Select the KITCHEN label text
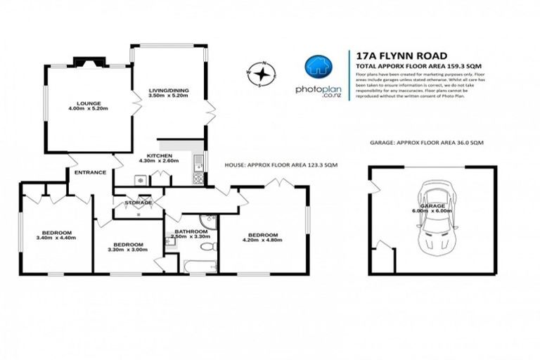click(159, 155)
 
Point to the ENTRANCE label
click(91, 172)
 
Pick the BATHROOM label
click(191, 231)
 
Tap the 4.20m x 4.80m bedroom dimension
click(262, 240)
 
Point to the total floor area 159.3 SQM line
click(409, 65)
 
